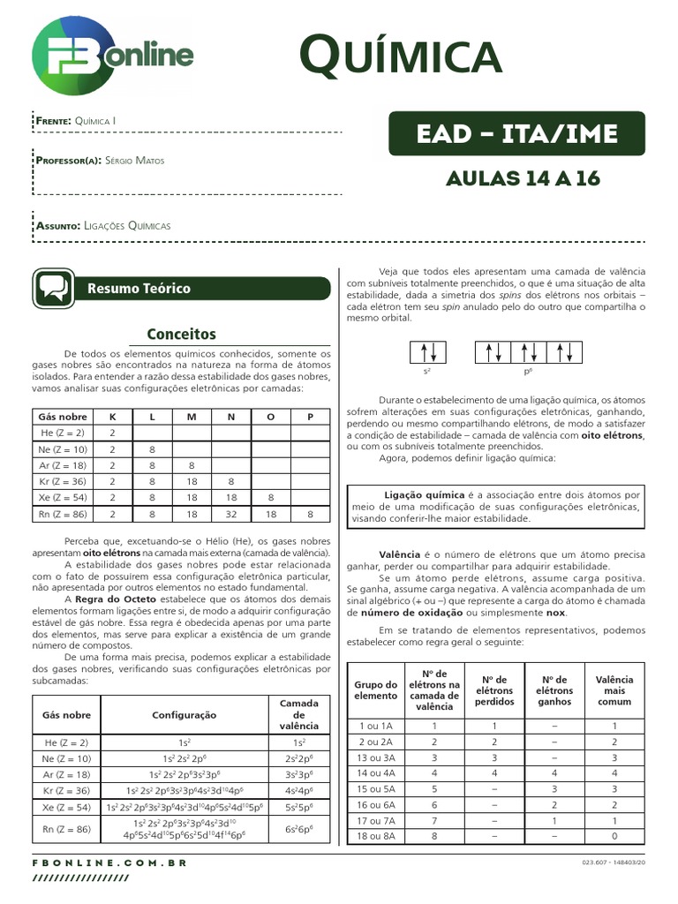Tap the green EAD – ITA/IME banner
coord(516,134)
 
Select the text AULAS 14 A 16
coord(524,178)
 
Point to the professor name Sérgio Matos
coord(134,161)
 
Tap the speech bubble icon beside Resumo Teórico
coord(52,288)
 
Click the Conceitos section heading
coord(181,334)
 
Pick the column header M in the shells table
coord(191,416)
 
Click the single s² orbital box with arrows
coord(428,353)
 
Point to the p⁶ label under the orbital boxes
coord(528,373)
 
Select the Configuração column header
coord(185,715)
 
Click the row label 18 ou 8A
coord(376,836)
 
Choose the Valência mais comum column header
coord(614,690)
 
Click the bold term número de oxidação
coord(406,612)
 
